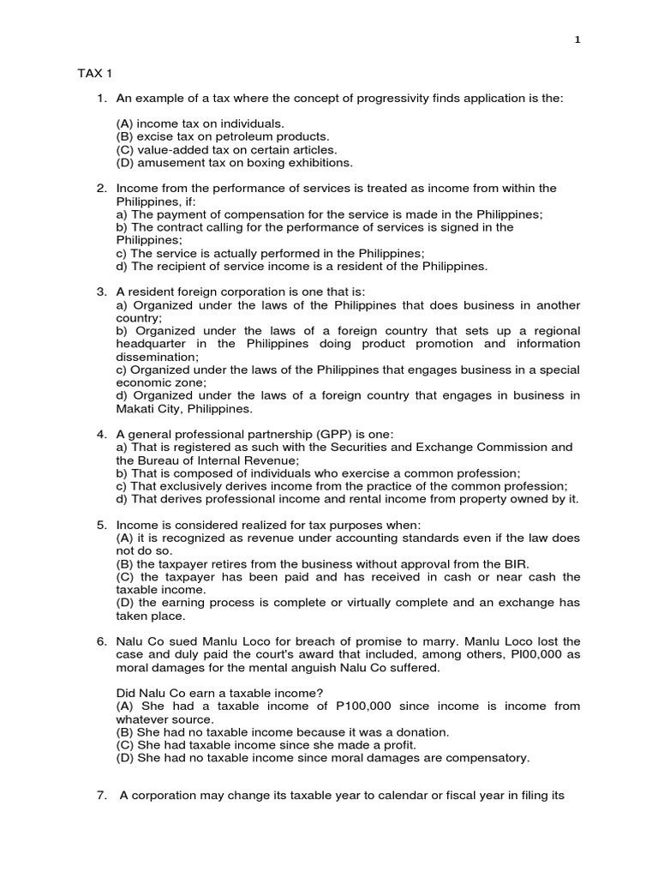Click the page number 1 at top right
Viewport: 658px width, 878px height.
(x=578, y=39)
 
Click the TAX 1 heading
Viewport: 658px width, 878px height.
(x=94, y=75)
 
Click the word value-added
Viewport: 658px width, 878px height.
(x=172, y=149)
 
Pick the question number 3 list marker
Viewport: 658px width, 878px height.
(x=101, y=292)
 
